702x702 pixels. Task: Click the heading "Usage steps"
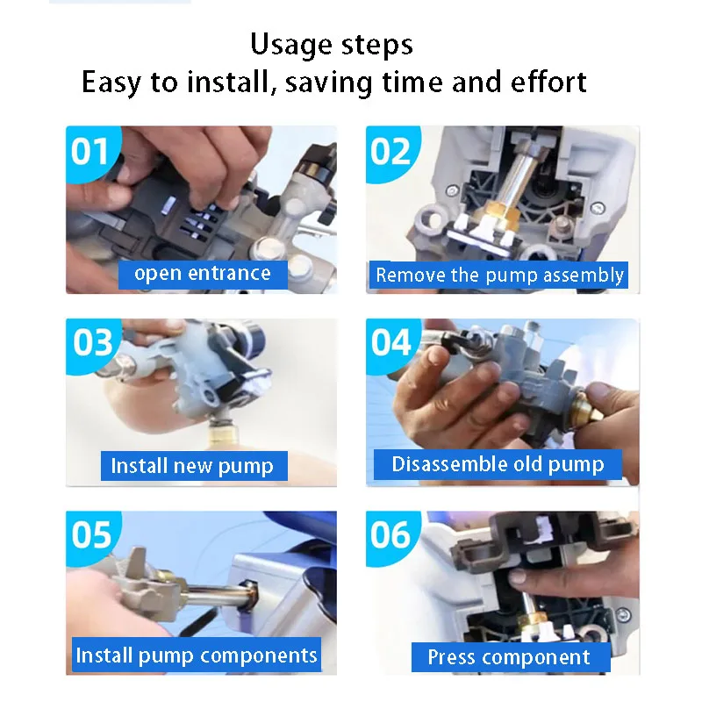332,46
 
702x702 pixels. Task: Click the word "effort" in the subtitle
548,82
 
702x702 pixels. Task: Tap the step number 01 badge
92,153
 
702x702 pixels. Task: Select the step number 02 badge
391,153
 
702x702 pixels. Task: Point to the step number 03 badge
92,344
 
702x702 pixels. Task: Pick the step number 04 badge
391,344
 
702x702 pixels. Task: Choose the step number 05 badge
92,536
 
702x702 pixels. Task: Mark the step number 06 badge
391,536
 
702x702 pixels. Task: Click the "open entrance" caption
203,274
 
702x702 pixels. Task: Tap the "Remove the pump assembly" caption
498,275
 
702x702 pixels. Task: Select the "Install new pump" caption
194,466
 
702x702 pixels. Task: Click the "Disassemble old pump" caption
498,464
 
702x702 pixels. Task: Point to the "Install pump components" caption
197,655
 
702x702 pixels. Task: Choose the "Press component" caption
511,657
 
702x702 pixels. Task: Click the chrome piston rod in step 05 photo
216,595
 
